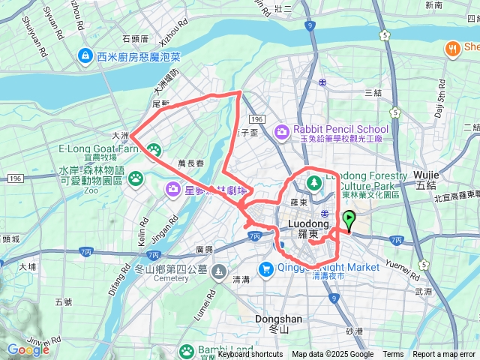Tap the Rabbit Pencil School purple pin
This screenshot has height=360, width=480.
click(x=281, y=133)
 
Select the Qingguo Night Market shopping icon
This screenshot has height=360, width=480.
click(x=266, y=268)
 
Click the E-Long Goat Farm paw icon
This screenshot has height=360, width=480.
click(x=154, y=151)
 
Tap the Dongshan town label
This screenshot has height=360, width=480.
click(x=278, y=319)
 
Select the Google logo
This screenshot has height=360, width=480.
click(x=28, y=349)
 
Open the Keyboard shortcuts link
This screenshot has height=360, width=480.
click(x=250, y=355)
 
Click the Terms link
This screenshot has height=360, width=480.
click(x=393, y=355)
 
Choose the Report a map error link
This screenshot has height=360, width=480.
click(x=444, y=355)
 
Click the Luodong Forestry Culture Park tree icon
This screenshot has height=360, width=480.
click(x=314, y=181)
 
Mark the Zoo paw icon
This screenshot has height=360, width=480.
click(x=136, y=178)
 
